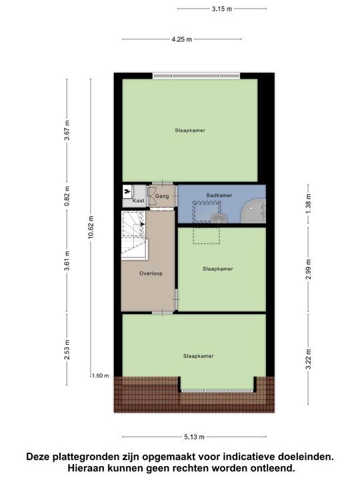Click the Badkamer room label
coord(219,195)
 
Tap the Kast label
coord(139,201)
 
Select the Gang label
coord(162,195)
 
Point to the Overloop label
coord(151,273)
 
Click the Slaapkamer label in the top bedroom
coord(189,130)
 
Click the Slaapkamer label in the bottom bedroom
coord(198,356)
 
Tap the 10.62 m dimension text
coord(91,227)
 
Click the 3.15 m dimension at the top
coord(221,9)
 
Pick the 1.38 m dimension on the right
coord(308,201)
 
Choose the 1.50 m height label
coord(100,376)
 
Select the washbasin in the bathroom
coord(218,217)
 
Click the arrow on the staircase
coord(141,225)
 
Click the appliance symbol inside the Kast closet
coord(127,191)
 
